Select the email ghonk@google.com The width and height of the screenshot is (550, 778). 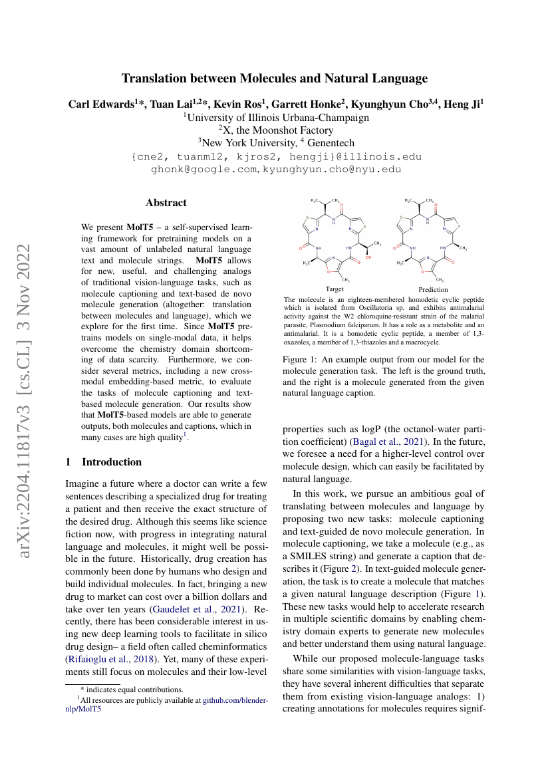tap(204, 170)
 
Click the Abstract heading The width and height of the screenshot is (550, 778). tap(166, 203)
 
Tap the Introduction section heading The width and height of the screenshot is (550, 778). tap(111, 461)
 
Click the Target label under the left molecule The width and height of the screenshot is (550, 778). tap(335, 289)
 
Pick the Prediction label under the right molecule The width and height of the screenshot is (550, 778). tap(433, 289)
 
